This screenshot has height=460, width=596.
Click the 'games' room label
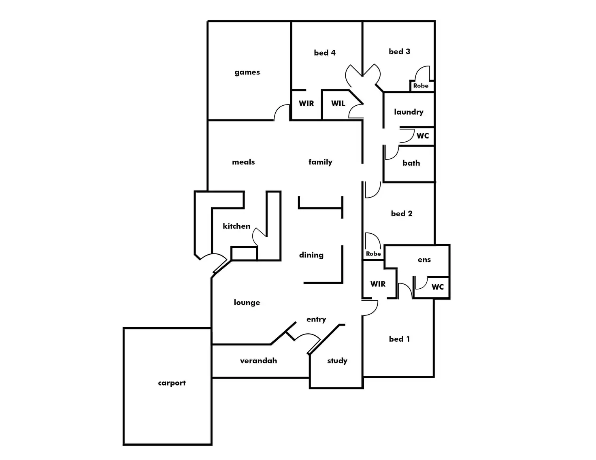tap(247, 72)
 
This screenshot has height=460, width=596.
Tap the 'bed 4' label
tap(325, 53)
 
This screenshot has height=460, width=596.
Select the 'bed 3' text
tap(399, 51)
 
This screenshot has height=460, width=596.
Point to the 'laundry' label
tap(409, 112)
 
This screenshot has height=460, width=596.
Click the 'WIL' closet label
tap(338, 103)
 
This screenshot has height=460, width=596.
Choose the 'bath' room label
tap(411, 163)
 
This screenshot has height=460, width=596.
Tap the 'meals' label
tap(243, 162)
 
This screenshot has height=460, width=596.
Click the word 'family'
tap(320, 162)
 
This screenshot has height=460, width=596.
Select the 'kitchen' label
tap(236, 226)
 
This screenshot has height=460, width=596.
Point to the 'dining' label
tap(311, 255)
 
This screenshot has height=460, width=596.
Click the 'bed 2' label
tap(402, 213)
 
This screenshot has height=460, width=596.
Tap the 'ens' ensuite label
tap(424, 260)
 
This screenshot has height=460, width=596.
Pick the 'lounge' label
tap(247, 302)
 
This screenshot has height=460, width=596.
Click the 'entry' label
tap(316, 319)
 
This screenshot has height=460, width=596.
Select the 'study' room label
tap(337, 360)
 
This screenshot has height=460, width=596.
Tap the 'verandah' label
tap(258, 360)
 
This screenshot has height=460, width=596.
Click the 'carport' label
tap(172, 383)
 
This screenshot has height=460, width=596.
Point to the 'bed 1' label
tap(399, 339)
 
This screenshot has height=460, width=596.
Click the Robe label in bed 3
tap(421, 85)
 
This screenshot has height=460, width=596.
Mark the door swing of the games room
tap(282, 112)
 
